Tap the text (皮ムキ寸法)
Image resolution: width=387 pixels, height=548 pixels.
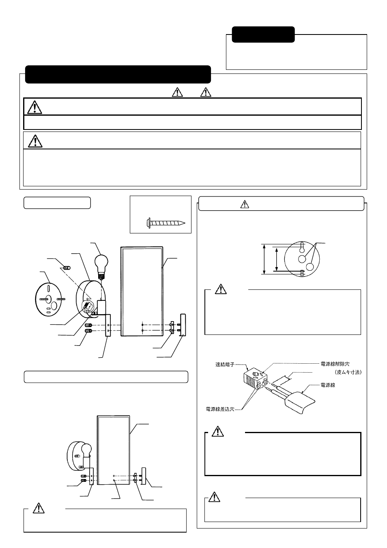click(x=348, y=372)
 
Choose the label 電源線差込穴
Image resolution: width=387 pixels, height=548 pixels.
click(x=220, y=409)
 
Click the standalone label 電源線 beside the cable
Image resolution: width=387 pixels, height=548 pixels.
click(x=327, y=385)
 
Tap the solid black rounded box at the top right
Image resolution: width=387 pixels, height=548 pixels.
click(x=263, y=35)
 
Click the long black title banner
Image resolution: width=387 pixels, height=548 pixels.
click(x=118, y=74)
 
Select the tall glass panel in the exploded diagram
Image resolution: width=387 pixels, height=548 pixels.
click(x=142, y=291)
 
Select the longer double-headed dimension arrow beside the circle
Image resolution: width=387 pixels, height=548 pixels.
click(x=264, y=259)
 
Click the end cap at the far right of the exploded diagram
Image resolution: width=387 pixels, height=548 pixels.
click(x=183, y=325)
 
